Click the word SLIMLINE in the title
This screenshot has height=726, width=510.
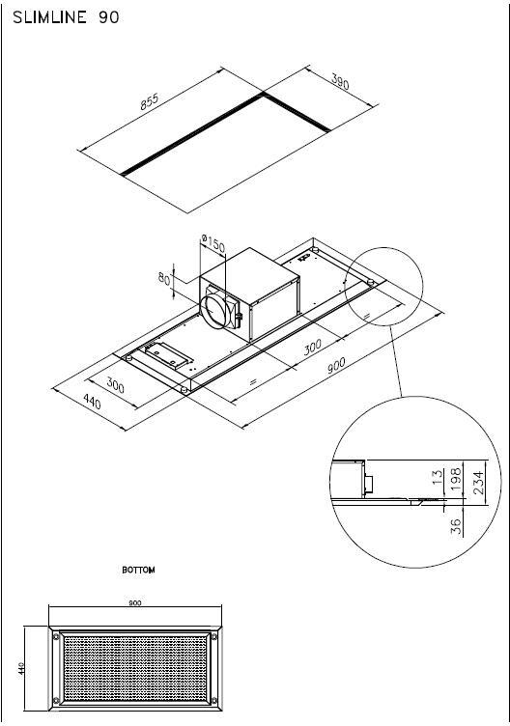[49, 17]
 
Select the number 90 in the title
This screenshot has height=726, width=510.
[109, 17]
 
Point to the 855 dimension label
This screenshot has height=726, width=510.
[150, 102]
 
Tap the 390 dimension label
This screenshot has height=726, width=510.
[340, 81]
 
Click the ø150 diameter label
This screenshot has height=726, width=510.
[213, 243]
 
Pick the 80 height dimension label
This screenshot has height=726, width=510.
[164, 279]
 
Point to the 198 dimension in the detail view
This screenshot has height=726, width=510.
[456, 479]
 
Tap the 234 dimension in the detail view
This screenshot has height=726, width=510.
[477, 483]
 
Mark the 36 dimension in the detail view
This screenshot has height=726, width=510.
[456, 526]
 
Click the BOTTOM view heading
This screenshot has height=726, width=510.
[138, 570]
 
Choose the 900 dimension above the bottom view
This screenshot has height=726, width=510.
[135, 602]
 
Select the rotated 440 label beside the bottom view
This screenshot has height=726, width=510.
[21, 668]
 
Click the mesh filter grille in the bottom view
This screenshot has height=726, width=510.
[135, 669]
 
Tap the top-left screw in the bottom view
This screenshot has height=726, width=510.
[56, 636]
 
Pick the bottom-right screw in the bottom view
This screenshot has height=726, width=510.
[214, 700]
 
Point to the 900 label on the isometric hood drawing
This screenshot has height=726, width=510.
[336, 365]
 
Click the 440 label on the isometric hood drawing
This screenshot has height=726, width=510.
[92, 401]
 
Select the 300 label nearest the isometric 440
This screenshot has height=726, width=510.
[115, 385]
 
